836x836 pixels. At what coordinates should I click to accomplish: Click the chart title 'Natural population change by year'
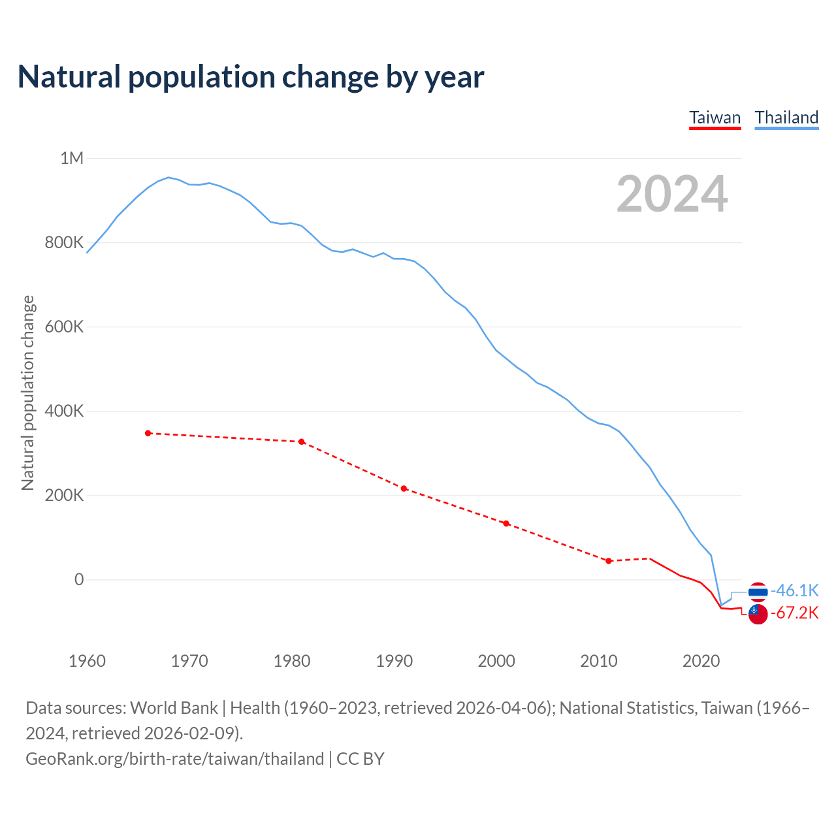pyautogui.click(x=251, y=77)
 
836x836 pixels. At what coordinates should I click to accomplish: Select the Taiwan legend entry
pyautogui.click(x=715, y=118)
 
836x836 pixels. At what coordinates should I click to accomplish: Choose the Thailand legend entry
pyautogui.click(x=786, y=118)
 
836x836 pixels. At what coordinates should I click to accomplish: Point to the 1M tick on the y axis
pyautogui.click(x=72, y=158)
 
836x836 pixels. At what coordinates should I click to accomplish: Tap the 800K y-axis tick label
pyautogui.click(x=64, y=242)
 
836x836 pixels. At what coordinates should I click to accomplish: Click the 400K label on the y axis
pyautogui.click(x=64, y=411)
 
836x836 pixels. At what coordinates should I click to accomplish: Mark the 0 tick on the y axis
pyautogui.click(x=79, y=579)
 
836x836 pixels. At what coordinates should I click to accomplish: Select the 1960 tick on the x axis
pyautogui.click(x=87, y=661)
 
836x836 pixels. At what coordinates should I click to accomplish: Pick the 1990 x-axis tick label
pyautogui.click(x=394, y=661)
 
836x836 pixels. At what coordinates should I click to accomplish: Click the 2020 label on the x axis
pyautogui.click(x=701, y=661)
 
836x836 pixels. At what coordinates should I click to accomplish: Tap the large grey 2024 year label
pyautogui.click(x=671, y=194)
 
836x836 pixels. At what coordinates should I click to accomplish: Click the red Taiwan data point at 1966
pyautogui.click(x=148, y=433)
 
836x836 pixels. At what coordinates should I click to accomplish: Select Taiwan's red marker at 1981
pyautogui.click(x=301, y=442)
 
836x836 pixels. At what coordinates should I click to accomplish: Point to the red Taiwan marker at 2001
pyautogui.click(x=506, y=523)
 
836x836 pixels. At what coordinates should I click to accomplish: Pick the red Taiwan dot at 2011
pyautogui.click(x=609, y=561)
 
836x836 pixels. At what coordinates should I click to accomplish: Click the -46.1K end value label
pyautogui.click(x=795, y=590)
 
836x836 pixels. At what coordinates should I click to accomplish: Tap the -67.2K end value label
pyautogui.click(x=795, y=613)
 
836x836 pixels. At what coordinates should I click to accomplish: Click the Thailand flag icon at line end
pyautogui.click(x=758, y=592)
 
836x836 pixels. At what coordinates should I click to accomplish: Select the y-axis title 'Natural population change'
pyautogui.click(x=27, y=393)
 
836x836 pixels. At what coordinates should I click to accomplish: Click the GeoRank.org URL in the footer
pyautogui.click(x=174, y=759)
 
